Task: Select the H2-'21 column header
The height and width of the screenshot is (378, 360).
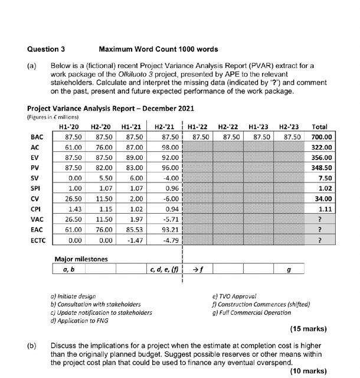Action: [x=164, y=126]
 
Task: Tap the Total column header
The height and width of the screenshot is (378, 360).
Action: [x=319, y=126]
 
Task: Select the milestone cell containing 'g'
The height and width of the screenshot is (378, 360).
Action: [x=287, y=269]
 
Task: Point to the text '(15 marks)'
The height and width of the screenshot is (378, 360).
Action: [x=308, y=328]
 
